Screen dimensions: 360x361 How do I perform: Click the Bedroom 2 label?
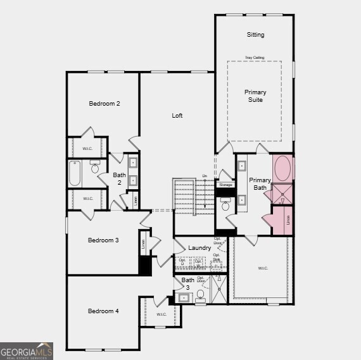104,103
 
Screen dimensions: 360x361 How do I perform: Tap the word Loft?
177,116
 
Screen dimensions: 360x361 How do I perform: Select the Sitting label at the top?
255,35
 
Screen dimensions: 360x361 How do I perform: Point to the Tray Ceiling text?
255,58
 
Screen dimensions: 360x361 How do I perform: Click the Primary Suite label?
255,96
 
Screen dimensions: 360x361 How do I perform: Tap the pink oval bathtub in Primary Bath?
282,170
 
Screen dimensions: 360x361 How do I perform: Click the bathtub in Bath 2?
75,173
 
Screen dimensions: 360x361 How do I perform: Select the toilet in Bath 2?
95,168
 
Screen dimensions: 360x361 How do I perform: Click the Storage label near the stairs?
225,185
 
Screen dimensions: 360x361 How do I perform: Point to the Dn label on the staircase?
205,177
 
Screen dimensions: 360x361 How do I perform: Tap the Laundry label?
199,248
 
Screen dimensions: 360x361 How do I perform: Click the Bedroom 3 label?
103,240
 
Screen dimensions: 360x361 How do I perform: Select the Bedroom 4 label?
103,311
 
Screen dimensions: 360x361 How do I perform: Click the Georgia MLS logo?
27,351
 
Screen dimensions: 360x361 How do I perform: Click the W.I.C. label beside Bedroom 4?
161,314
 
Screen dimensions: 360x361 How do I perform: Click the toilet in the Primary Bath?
225,206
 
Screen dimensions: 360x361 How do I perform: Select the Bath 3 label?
188,283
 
